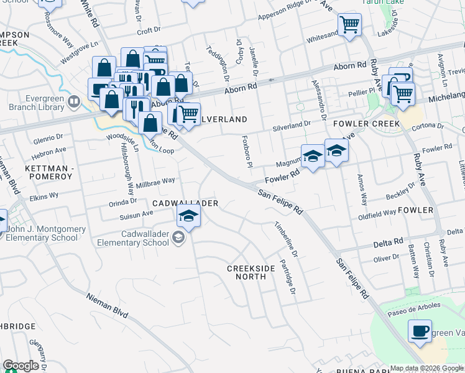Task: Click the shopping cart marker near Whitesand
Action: [x=349, y=25]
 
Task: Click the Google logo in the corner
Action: [x=21, y=366]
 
